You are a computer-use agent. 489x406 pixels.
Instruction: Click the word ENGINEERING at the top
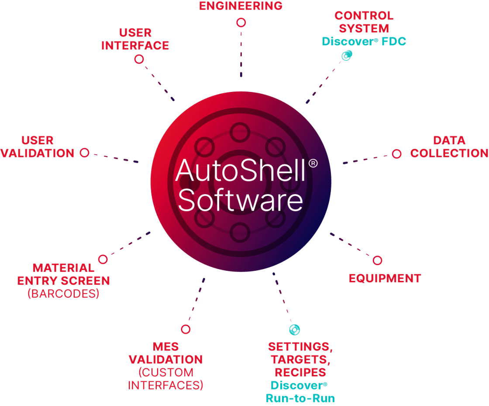coord(241,6)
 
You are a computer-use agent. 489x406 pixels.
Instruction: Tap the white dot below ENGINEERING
coord(241,22)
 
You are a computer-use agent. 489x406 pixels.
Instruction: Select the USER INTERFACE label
coord(135,39)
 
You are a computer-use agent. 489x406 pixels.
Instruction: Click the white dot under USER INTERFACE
coord(139,59)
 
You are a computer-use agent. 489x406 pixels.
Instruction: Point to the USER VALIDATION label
coord(38,147)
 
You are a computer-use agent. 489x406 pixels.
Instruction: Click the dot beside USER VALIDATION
coord(85,153)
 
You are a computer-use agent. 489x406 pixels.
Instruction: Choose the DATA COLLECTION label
coord(449,147)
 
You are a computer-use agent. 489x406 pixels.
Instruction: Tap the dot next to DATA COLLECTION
coord(396,154)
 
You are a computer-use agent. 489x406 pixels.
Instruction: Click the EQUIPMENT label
coord(385,279)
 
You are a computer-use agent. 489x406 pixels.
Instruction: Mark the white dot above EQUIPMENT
coord(377,260)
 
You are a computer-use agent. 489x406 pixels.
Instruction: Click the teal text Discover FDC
coord(364,41)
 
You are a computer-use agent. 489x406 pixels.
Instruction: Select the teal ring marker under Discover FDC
coord(347,55)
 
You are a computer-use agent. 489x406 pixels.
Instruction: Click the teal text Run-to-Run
coord(300,398)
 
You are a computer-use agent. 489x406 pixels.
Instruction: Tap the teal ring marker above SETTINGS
coord(295,329)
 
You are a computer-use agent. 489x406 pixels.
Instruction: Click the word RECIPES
coord(300,372)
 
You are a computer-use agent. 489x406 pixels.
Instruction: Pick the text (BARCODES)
coord(63,294)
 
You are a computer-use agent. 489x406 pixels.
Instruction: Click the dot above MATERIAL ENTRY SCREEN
coord(103,259)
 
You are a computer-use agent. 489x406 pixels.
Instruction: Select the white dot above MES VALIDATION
coord(186,329)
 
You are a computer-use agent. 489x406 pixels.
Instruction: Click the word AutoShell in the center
coord(240,171)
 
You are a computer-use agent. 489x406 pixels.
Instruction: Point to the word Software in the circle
coord(240,201)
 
